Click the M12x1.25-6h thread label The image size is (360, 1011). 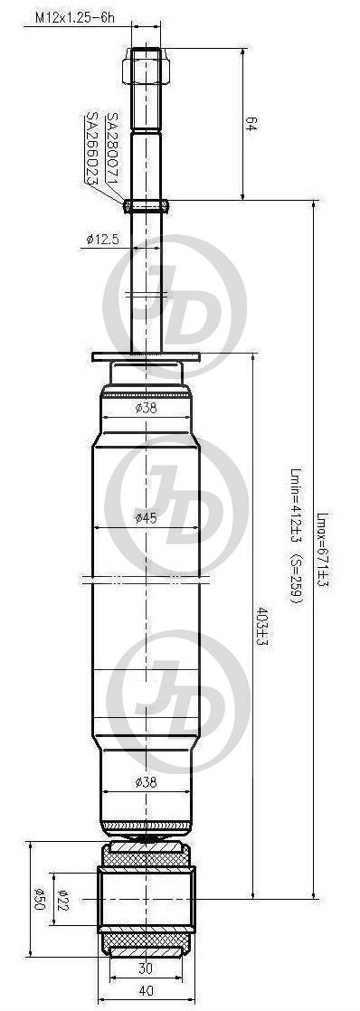(x=74, y=19)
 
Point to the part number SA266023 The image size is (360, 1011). (x=92, y=149)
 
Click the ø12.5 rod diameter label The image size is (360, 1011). (x=102, y=240)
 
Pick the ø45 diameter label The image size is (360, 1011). (x=146, y=518)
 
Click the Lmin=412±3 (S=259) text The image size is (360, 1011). (x=296, y=536)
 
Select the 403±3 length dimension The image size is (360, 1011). (x=261, y=627)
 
